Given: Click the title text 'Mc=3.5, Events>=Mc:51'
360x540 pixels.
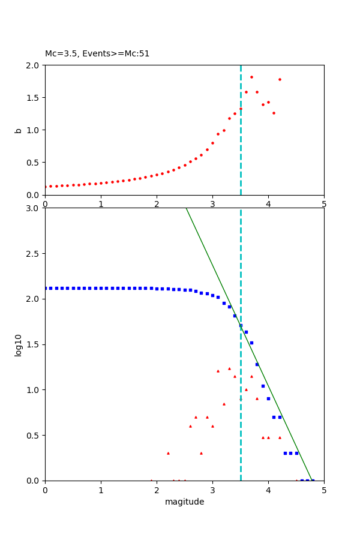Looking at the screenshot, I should tap(97, 54).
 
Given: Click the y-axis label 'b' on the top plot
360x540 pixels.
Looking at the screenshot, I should tap(18, 130).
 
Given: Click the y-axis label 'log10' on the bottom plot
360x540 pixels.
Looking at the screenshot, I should tap(18, 345).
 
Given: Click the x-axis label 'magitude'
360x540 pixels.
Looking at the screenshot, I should tap(184, 502).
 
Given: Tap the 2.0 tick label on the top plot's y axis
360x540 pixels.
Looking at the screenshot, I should tap(34, 65).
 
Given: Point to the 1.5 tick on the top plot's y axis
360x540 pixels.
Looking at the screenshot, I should tap(34, 98).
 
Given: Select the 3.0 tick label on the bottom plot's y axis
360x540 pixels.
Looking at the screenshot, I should tap(34, 208).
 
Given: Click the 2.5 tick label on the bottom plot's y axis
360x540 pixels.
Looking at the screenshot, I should tap(34, 254).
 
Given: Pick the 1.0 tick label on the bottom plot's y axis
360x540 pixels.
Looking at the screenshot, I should tap(34, 390).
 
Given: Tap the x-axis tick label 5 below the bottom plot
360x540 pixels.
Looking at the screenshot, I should tap(324, 490).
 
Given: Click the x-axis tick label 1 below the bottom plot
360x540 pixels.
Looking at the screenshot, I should tap(101, 490).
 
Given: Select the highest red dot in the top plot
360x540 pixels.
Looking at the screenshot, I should tap(251, 77).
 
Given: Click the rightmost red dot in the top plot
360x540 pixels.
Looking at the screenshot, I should tap(280, 79).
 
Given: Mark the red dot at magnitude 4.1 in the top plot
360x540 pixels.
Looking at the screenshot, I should tap(274, 113).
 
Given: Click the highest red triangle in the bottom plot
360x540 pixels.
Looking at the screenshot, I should tap(229, 368).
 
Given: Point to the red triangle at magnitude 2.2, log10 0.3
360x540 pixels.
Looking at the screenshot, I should tap(168, 453).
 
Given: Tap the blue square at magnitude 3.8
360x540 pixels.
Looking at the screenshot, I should tap(257, 364).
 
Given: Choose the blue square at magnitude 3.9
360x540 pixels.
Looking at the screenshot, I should tap(263, 386).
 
